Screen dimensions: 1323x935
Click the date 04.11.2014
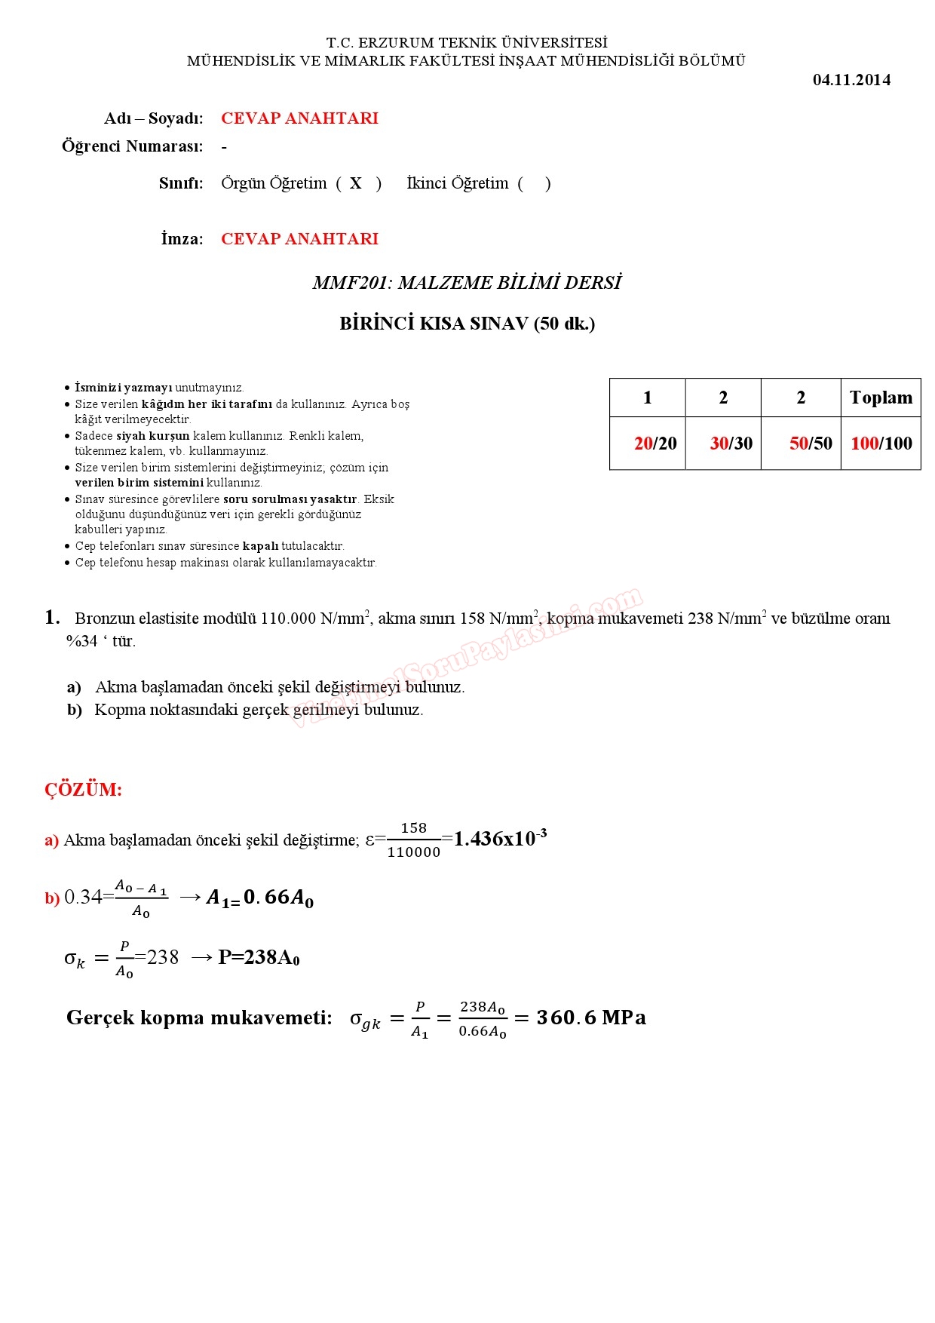point(851,80)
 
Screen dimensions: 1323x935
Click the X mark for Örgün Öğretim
point(356,183)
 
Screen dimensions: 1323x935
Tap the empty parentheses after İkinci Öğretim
point(534,183)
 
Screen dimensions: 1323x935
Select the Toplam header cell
point(881,398)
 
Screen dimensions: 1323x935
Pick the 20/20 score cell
point(655,444)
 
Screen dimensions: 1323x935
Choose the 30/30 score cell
point(731,444)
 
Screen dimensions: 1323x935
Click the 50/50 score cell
point(811,444)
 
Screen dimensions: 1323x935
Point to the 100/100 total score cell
point(881,444)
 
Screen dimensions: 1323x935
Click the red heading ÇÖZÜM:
point(83,790)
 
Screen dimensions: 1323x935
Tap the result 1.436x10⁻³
point(500,839)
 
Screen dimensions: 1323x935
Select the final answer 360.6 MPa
point(591,1018)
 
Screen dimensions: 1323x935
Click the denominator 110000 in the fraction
point(414,852)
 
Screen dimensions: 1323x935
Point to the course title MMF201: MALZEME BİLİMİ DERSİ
point(467,283)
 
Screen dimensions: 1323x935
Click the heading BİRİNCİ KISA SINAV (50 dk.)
point(467,324)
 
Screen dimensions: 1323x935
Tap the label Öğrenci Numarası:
point(133,146)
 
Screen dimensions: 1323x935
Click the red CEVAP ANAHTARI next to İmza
point(299,239)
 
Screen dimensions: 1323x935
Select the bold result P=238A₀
point(259,957)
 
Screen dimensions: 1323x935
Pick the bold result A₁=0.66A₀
point(260,898)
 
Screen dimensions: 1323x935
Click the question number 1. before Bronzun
point(52,618)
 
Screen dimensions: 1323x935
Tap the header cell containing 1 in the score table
point(647,398)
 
